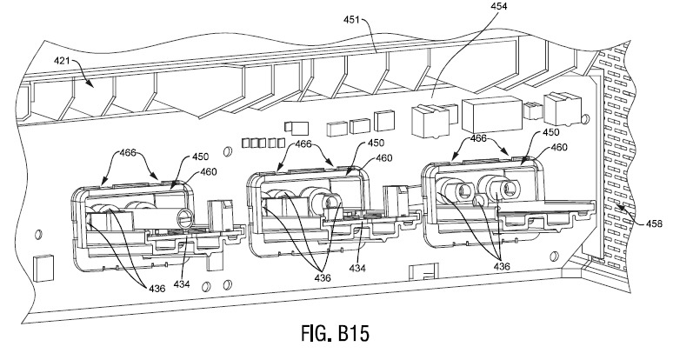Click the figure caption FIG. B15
336,333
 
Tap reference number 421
62,62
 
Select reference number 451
351,19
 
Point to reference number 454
499,6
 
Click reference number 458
654,223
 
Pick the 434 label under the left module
182,283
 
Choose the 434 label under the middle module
357,269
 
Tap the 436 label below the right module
502,266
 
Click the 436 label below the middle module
323,278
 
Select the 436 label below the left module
157,289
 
